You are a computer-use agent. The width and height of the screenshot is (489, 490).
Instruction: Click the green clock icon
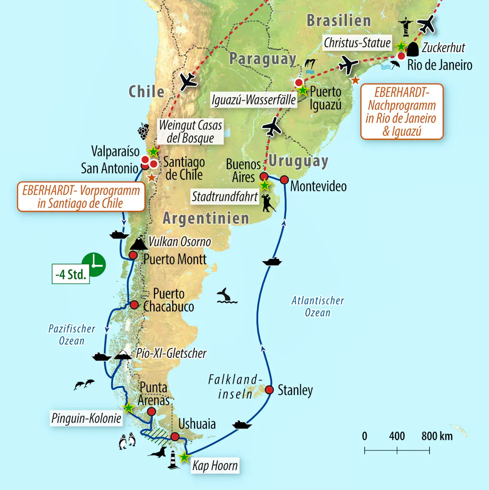93,265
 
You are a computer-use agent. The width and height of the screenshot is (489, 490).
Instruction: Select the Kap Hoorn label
215,465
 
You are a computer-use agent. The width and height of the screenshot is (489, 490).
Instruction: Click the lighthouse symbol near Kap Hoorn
173,460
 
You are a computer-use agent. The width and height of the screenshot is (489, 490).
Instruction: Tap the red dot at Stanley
269,389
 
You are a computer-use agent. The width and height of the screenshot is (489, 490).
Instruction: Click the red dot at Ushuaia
175,437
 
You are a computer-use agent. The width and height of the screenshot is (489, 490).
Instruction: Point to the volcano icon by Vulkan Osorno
139,242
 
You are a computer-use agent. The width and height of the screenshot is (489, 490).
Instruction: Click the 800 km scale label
437,436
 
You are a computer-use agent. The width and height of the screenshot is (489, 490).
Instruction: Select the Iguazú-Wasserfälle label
254,101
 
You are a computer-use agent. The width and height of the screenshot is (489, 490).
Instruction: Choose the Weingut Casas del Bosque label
190,131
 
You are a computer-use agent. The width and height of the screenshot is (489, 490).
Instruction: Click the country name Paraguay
263,60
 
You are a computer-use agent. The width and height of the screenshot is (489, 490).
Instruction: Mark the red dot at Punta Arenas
152,411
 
